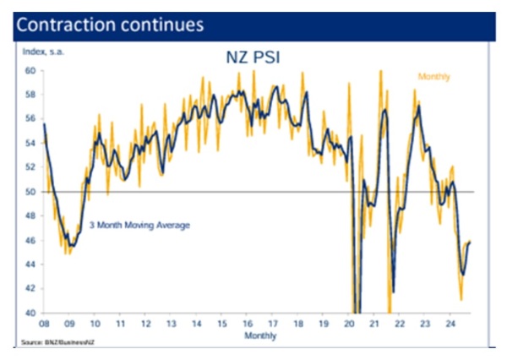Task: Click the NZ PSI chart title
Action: coord(253,60)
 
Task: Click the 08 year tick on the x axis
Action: coord(43,324)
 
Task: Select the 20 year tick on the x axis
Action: coord(351,324)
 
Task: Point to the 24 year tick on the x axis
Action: coord(452,324)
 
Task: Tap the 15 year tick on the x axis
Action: coord(222,324)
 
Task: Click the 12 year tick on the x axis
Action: coord(145,324)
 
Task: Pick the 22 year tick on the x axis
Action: coord(401,324)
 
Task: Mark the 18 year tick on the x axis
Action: coord(299,324)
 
